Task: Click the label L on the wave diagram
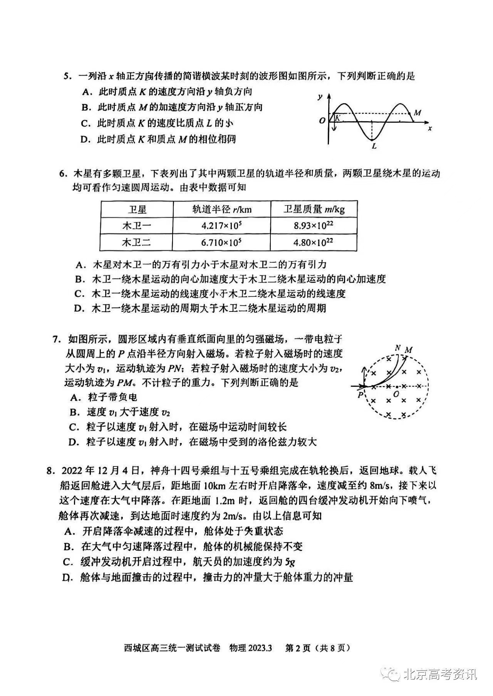pos(374,146)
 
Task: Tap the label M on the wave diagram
pos(417,113)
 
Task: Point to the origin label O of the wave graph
pos(322,120)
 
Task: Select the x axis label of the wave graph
pos(430,128)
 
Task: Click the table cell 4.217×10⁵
pos(221,226)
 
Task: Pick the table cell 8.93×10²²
pos(314,226)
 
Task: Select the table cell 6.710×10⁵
pos(221,243)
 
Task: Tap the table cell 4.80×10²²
pos(314,243)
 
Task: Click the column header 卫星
pos(137,209)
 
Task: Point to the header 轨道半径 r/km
pos(222,209)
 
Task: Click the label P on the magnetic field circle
pos(360,395)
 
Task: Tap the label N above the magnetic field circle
pos(398,348)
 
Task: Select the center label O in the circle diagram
pos(396,394)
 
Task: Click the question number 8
pos(49,471)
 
